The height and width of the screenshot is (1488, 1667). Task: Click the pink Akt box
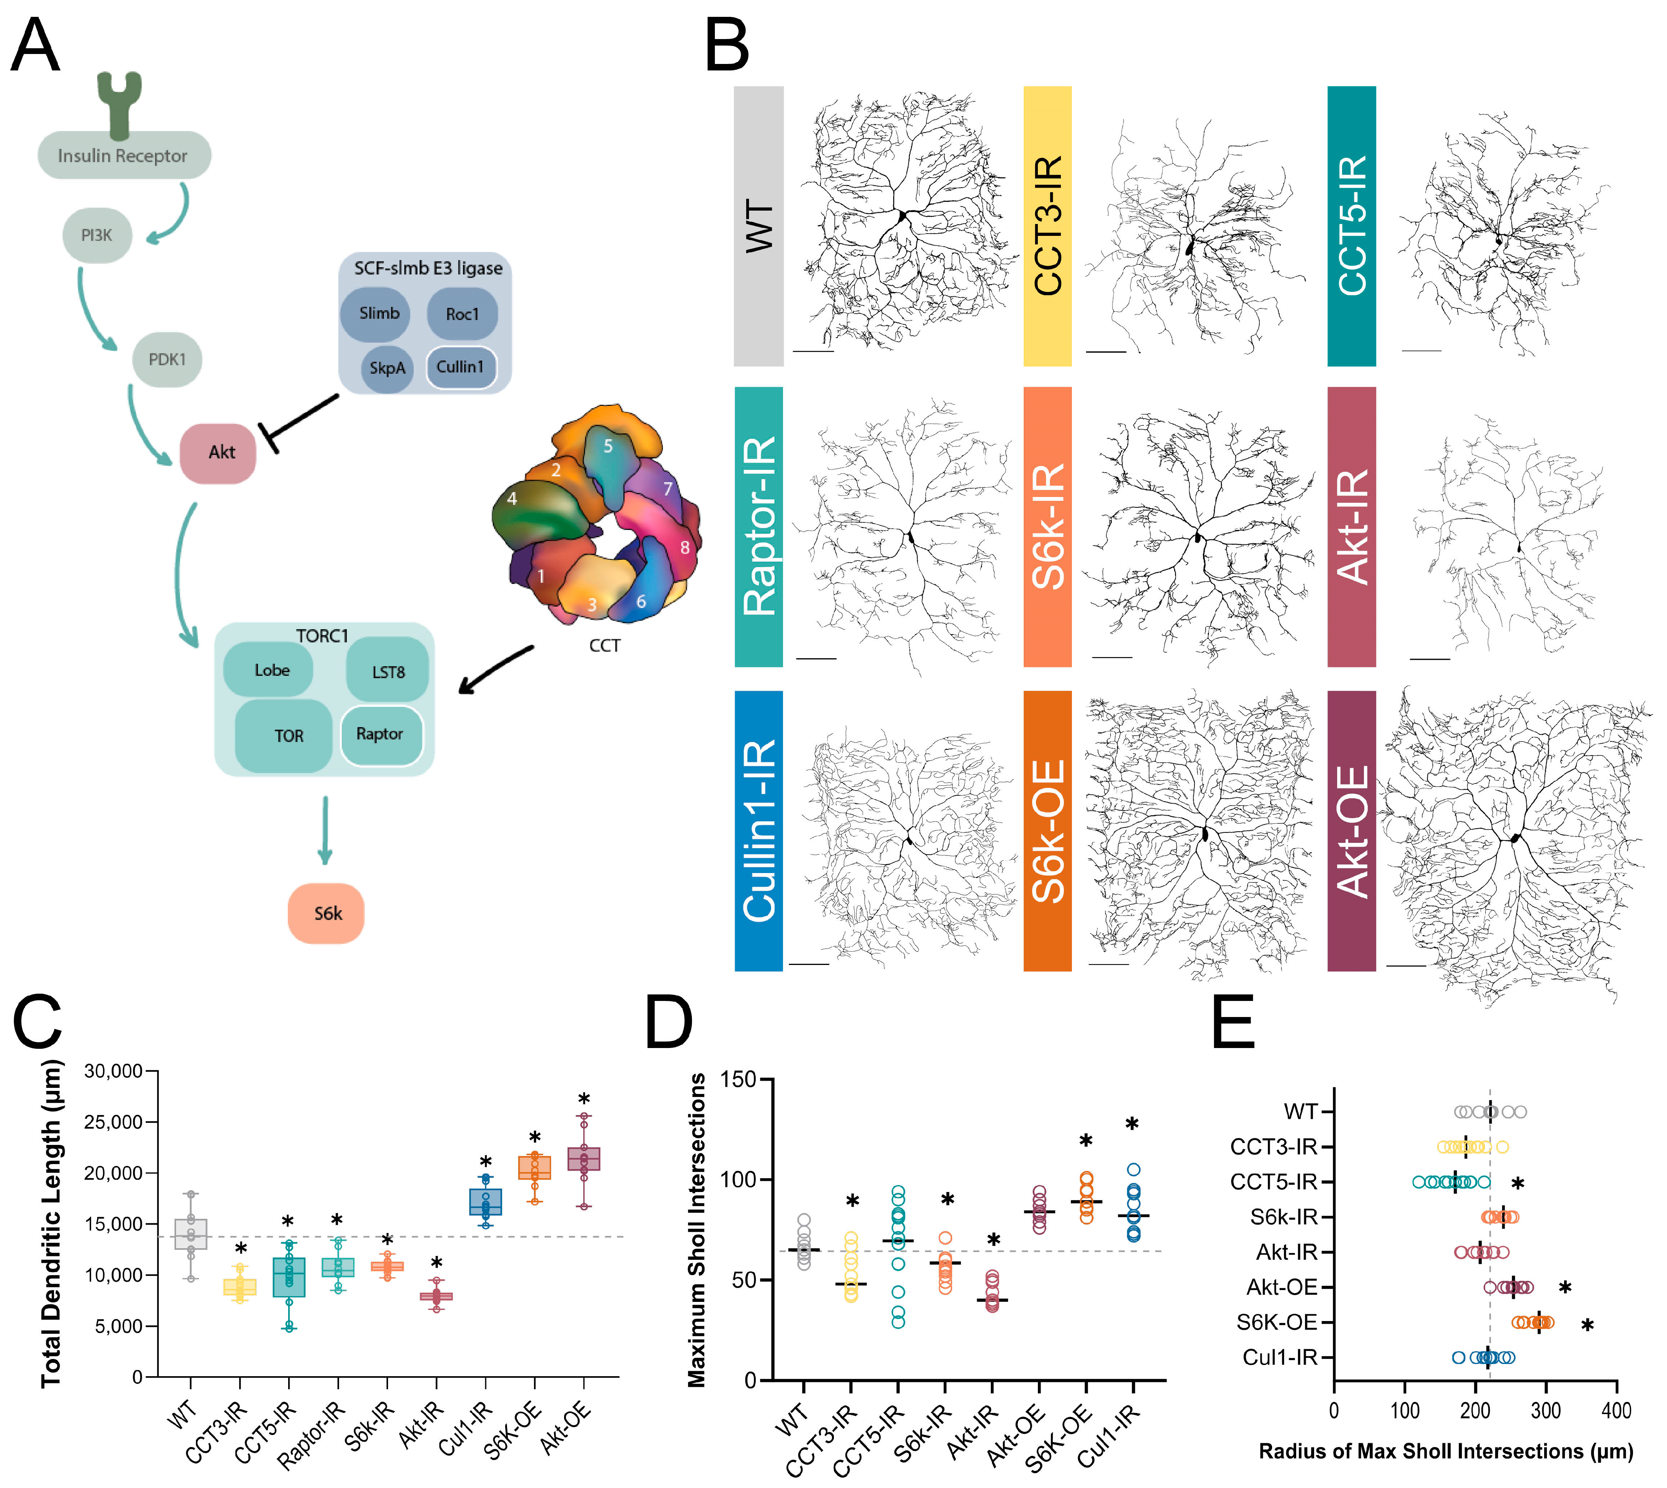tap(219, 452)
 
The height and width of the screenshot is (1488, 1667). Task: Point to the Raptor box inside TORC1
tap(381, 734)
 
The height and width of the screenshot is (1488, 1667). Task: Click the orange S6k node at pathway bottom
tap(326, 913)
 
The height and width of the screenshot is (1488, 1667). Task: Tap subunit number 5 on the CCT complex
tap(608, 446)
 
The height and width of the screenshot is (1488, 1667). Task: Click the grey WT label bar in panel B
tap(758, 226)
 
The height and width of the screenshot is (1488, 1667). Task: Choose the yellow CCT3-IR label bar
tap(1047, 226)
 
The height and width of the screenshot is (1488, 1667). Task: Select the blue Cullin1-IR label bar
tap(758, 831)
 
